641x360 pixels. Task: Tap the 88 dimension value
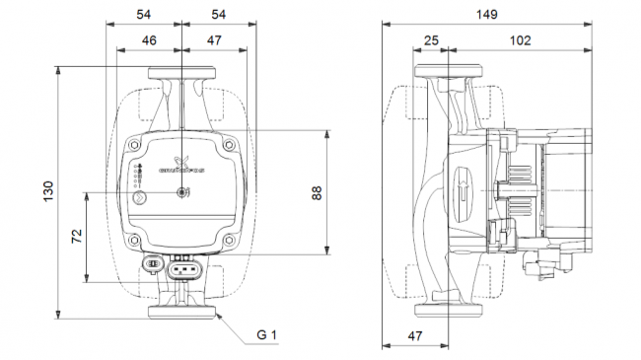point(317,193)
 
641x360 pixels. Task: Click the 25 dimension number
point(431,40)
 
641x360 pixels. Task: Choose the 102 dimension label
point(520,40)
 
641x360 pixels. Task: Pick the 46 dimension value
point(149,40)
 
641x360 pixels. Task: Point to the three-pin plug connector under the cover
point(183,267)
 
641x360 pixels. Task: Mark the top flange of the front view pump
point(183,73)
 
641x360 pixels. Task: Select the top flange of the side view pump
point(449,73)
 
